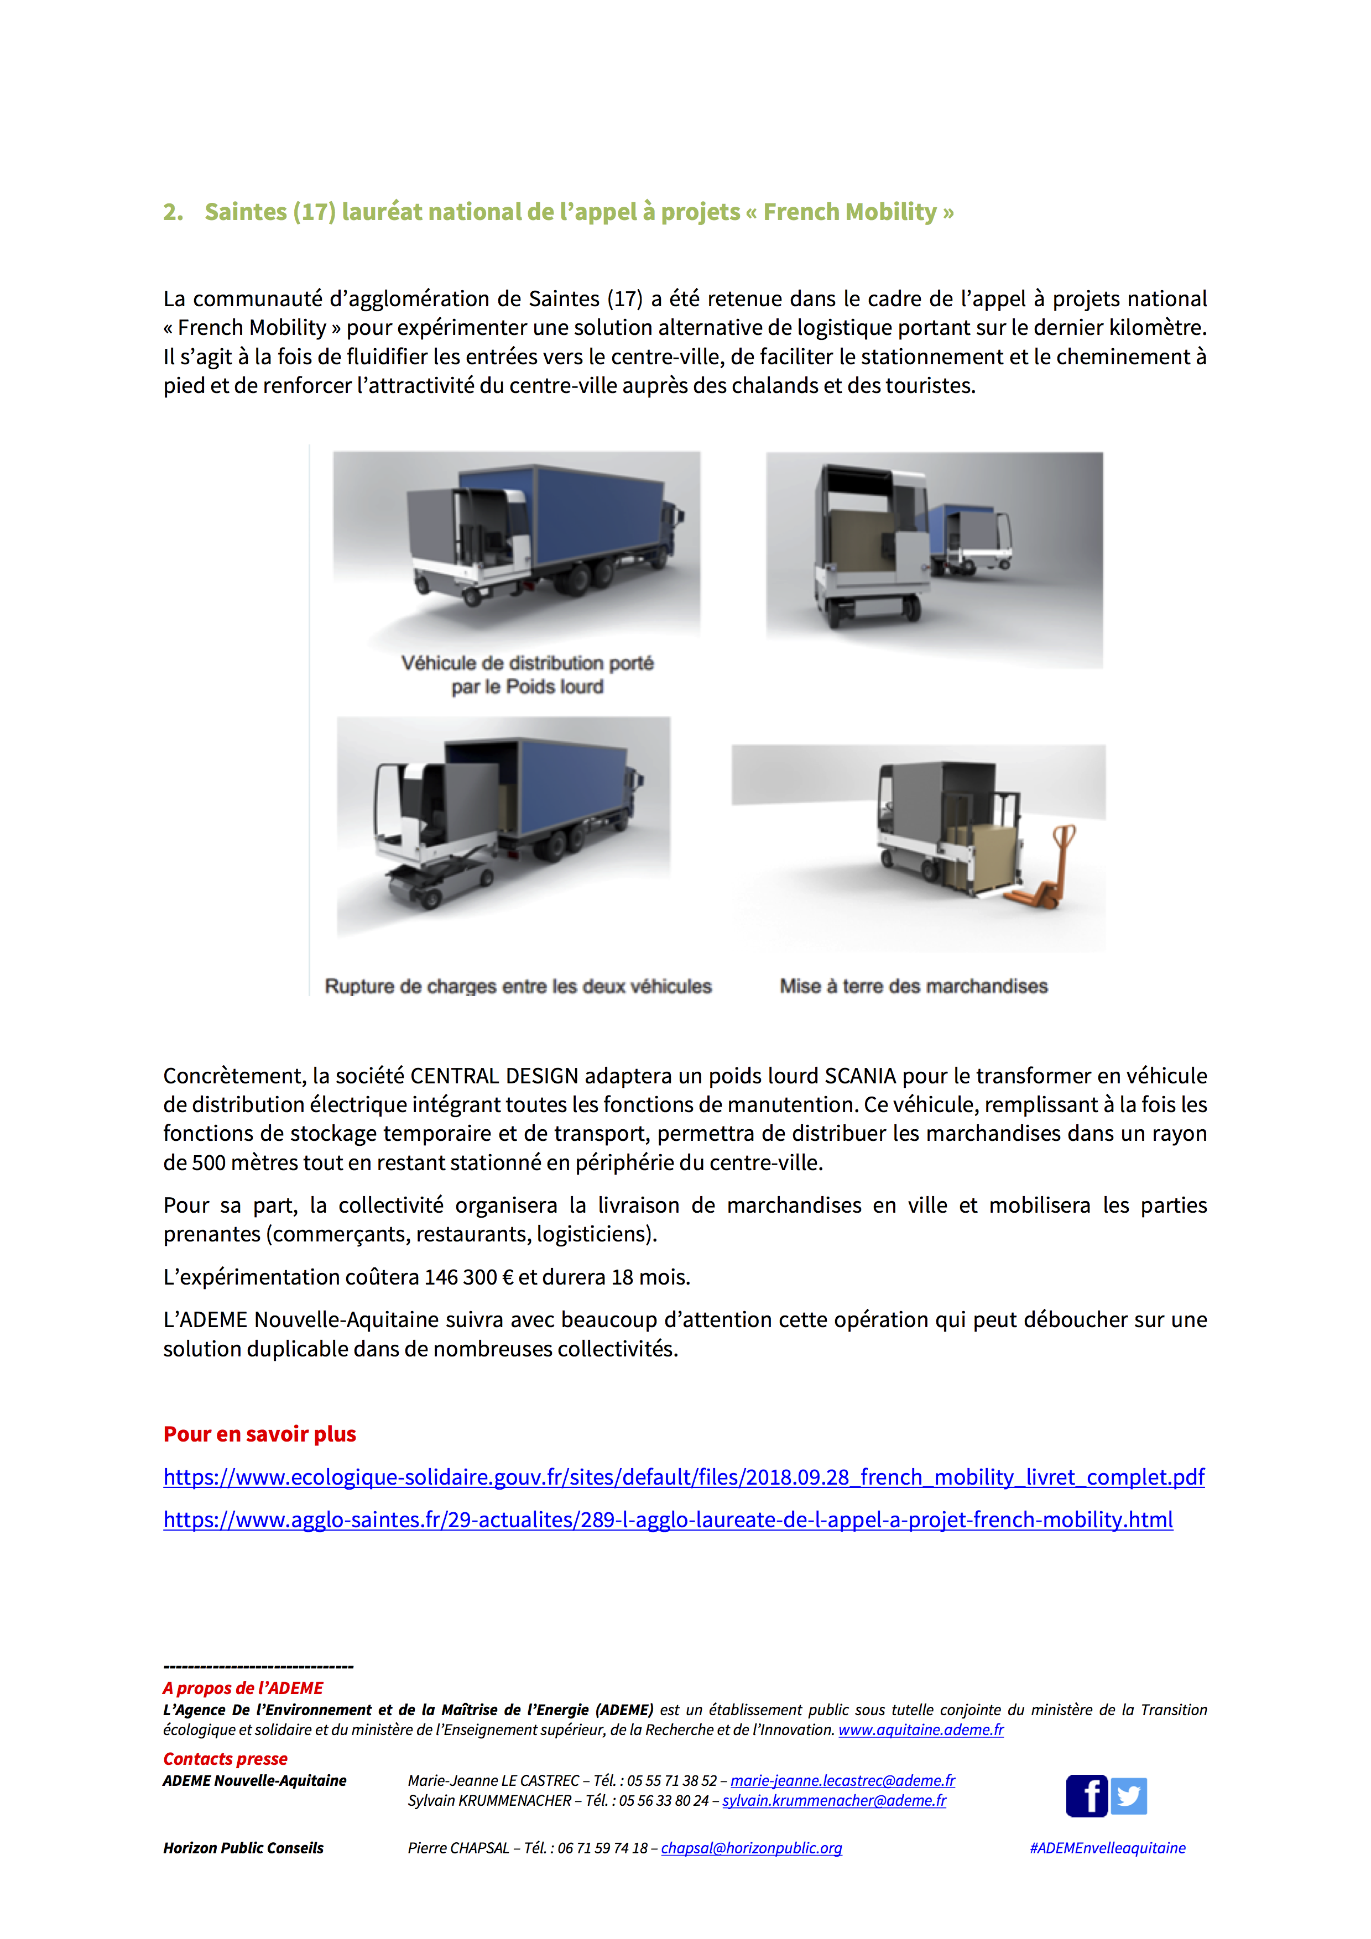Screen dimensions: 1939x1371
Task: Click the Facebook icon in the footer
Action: pyautogui.click(x=1086, y=1795)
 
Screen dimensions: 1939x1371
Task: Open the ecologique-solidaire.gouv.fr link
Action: pyautogui.click(x=684, y=1477)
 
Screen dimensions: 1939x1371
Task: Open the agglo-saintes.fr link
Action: pyautogui.click(x=668, y=1520)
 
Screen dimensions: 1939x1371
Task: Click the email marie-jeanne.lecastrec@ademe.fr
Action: pyautogui.click(x=842, y=1780)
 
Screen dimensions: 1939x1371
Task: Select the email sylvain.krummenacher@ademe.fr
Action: pyautogui.click(x=834, y=1800)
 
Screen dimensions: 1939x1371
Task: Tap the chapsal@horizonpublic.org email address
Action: pyautogui.click(x=751, y=1848)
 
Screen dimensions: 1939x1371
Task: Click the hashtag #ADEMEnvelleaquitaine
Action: pyautogui.click(x=1107, y=1848)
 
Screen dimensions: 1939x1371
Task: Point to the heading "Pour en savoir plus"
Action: pyautogui.click(x=259, y=1434)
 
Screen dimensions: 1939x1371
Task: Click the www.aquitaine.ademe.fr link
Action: pyautogui.click(x=921, y=1730)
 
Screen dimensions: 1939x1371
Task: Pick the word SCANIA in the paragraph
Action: pyautogui.click(x=860, y=1076)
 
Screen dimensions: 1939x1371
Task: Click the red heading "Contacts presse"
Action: pyautogui.click(x=225, y=1759)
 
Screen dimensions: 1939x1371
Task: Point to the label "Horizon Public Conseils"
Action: pyautogui.click(x=243, y=1848)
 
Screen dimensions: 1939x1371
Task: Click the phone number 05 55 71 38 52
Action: pyautogui.click(x=671, y=1780)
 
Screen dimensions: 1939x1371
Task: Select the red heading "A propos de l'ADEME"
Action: pyautogui.click(x=243, y=1688)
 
